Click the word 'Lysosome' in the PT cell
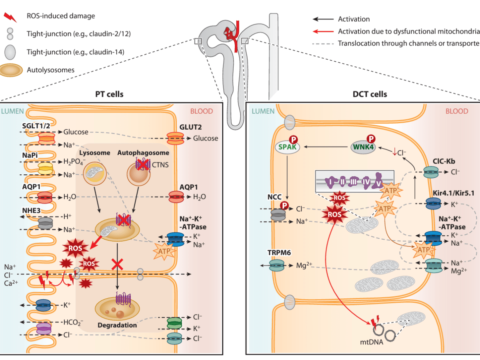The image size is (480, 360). (95, 153)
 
